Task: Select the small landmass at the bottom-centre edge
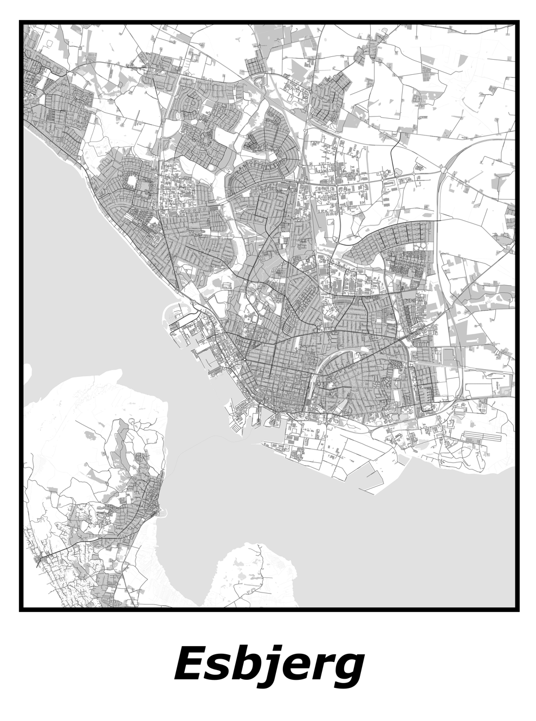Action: (255, 575)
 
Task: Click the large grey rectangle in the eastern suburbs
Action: (448, 356)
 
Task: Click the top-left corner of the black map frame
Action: (21, 22)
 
